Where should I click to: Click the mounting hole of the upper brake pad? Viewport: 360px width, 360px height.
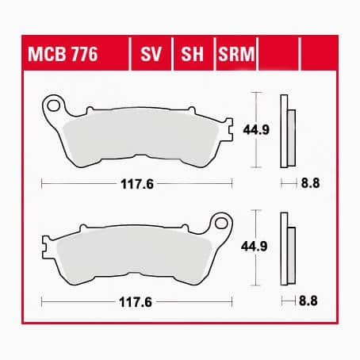[x=55, y=103]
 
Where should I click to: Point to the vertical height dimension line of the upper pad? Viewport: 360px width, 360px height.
[x=255, y=129]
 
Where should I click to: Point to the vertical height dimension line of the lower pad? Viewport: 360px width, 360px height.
[x=255, y=247]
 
